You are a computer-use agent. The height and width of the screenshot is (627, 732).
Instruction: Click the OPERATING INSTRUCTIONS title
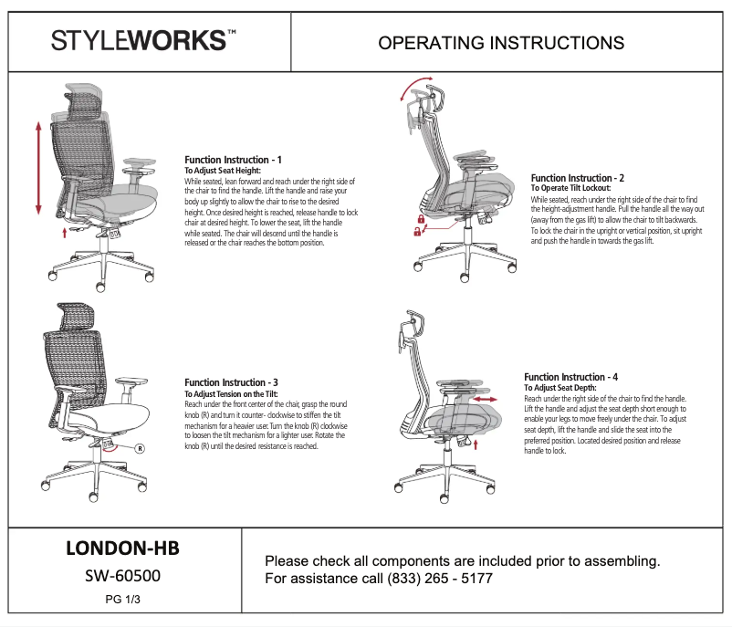click(501, 43)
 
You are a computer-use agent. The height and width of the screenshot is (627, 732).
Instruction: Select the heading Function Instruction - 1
click(233, 160)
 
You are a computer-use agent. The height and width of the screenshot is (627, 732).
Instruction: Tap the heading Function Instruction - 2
click(577, 178)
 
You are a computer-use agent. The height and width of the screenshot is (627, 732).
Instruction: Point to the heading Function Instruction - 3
click(233, 382)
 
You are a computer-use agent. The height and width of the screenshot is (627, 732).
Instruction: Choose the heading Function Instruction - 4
click(570, 377)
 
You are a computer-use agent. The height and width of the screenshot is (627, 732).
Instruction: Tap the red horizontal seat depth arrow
click(486, 400)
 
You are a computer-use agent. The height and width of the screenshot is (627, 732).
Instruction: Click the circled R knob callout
click(140, 448)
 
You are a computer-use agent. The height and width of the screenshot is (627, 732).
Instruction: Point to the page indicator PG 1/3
click(122, 599)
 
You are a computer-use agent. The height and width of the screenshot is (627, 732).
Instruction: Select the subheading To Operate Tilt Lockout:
click(570, 188)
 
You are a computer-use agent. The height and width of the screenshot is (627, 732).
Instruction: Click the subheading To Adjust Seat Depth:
click(559, 388)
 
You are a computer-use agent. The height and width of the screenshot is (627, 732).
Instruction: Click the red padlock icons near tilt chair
click(420, 226)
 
